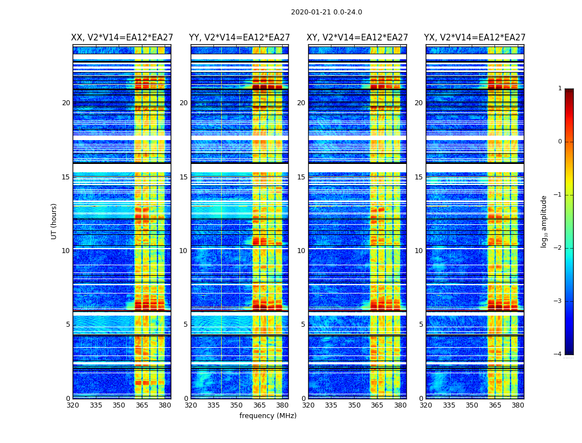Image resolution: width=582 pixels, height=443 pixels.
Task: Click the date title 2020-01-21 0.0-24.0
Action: (326, 12)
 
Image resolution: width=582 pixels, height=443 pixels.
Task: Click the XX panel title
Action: (122, 38)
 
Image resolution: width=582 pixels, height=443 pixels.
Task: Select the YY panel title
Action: (239, 38)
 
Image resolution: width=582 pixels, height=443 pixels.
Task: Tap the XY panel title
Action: (358, 38)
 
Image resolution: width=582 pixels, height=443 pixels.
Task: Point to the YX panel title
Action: (475, 38)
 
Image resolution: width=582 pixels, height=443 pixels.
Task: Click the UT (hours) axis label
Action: (54, 221)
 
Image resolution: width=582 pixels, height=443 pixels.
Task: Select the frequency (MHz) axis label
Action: (268, 416)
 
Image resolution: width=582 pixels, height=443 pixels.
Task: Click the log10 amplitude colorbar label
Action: (544, 221)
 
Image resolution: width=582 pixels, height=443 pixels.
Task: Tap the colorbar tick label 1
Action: (560, 89)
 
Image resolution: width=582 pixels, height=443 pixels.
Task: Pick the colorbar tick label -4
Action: (558, 354)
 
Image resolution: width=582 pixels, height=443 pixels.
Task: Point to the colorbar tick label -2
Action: (558, 248)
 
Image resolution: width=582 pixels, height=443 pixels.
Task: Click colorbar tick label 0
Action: (560, 142)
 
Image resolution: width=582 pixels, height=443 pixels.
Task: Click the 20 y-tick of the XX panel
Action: (66, 103)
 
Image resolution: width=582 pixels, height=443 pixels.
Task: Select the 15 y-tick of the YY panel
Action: (183, 177)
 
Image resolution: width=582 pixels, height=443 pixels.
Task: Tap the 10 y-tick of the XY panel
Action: (301, 251)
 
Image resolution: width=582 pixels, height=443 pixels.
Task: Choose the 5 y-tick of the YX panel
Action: (421, 324)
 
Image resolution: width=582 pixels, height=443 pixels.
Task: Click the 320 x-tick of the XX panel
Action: (73, 405)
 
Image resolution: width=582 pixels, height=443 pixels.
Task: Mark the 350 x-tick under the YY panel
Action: (237, 405)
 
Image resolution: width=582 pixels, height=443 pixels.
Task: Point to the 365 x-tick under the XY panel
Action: (377, 405)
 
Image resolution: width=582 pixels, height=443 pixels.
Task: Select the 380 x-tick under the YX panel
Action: (518, 405)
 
